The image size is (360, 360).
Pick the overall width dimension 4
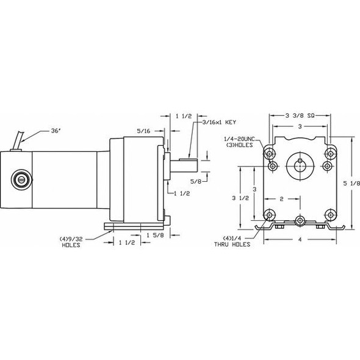click(x=299, y=240)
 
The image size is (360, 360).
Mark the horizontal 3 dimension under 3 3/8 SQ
click(x=299, y=126)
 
